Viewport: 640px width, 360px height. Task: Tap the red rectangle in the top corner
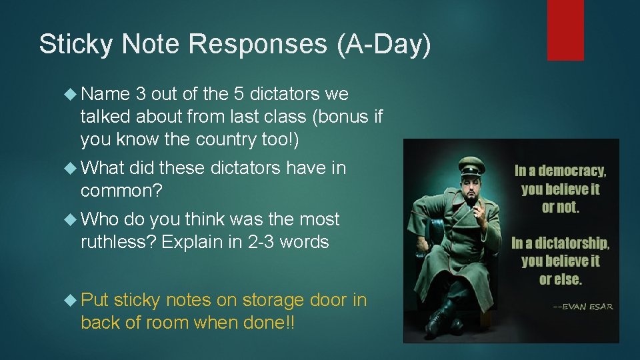[x=565, y=30]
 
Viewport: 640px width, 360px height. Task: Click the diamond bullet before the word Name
[x=72, y=95]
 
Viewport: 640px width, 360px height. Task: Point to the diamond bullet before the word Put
[x=72, y=301]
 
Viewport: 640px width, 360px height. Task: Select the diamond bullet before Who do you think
[x=72, y=219]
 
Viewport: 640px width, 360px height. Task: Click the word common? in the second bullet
[x=121, y=191]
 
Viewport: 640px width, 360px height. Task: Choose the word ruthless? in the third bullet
[x=118, y=242]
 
